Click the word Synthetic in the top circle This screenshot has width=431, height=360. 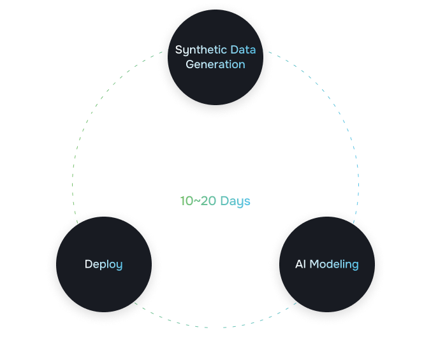coord(201,50)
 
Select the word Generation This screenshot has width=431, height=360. coord(215,64)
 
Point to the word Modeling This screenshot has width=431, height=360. coord(334,264)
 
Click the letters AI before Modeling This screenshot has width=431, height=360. coord(301,264)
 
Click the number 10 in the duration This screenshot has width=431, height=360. coord(186,201)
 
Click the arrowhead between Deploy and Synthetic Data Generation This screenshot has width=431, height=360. coord(90,116)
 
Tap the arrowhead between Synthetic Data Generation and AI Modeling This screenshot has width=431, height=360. coord(340,115)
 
